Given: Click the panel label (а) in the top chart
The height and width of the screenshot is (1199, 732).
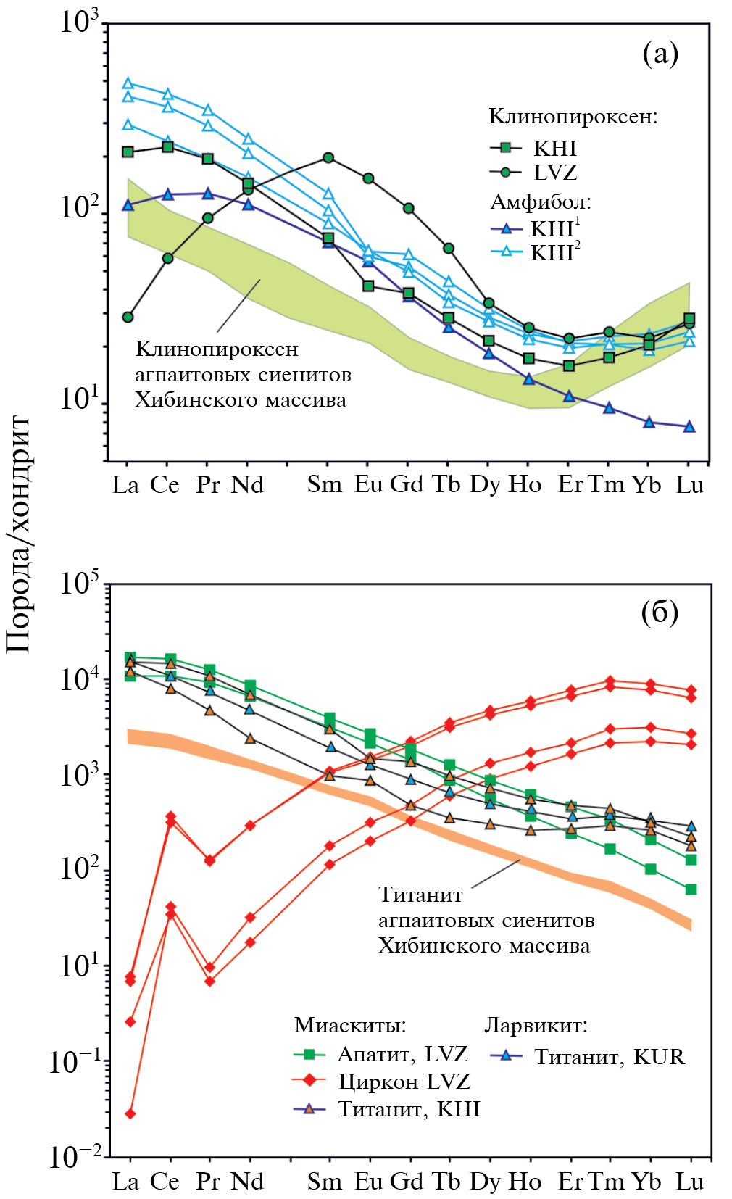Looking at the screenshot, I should pos(660,53).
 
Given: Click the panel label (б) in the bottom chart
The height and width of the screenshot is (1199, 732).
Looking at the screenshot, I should pos(660,613).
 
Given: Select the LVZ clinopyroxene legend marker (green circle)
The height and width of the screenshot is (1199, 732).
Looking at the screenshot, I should pos(506,173).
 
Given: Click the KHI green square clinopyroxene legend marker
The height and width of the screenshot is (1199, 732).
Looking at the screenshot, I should pos(506,149).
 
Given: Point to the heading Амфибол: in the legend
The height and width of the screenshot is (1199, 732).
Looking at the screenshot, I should pos(541,202).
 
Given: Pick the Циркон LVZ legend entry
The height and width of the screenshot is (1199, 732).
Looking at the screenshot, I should pos(404,1082).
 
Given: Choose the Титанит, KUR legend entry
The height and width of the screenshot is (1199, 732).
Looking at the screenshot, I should pos(609,1057).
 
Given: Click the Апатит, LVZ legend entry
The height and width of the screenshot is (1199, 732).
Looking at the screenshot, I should pos(402,1054).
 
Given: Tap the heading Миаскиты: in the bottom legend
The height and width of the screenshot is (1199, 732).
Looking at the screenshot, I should pos(350,1025).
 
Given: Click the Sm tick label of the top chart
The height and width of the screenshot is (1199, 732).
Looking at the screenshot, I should pos(324,484).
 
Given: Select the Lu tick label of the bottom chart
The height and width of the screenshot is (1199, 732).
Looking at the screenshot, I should pos(690,1182).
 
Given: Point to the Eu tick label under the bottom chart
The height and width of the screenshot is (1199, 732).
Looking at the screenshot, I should pos(368,1182).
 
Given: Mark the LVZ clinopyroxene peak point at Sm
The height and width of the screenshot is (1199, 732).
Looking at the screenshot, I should pos(328,157).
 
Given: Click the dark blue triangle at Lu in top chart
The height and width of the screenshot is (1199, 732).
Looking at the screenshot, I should pos(690,426).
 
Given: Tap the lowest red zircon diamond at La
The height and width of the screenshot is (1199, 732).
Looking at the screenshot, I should pos(130,1113).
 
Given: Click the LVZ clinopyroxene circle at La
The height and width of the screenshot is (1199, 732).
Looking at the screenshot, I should pos(128,317).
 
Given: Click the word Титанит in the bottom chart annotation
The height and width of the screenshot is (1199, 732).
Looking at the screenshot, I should pos(420,895).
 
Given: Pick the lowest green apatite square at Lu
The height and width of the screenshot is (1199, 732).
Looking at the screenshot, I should pos(691,889).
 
